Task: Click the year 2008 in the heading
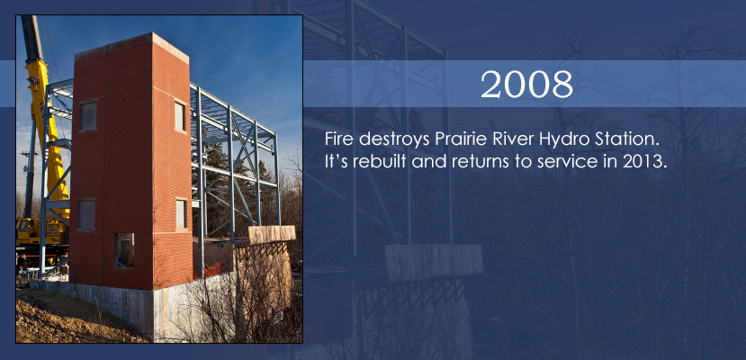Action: [x=526, y=85]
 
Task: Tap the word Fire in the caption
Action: [x=339, y=139]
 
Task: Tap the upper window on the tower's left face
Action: [x=88, y=115]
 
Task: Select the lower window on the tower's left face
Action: [x=86, y=214]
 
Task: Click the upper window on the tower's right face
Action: [x=179, y=116]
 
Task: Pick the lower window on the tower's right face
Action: [x=181, y=214]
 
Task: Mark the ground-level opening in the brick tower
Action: [x=125, y=250]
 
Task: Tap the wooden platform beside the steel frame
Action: [x=272, y=233]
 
